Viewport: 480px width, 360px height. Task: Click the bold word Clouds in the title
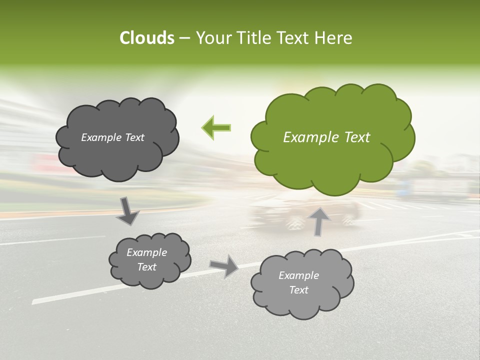click(147, 37)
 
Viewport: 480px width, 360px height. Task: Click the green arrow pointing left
click(216, 127)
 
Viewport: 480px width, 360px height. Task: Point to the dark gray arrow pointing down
click(127, 211)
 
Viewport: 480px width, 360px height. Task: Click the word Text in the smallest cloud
click(147, 267)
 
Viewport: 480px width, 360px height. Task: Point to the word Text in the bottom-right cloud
click(299, 290)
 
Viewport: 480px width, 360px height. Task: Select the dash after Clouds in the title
click(184, 37)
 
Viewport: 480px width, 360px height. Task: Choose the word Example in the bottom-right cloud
click(299, 275)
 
